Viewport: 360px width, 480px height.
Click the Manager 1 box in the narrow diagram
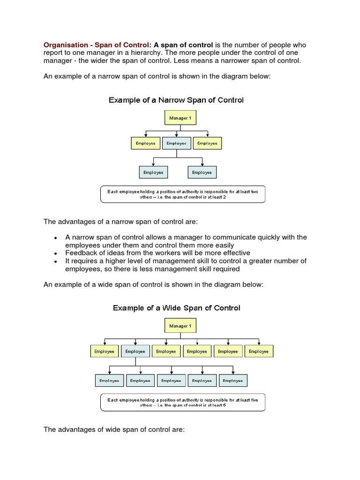[180, 118]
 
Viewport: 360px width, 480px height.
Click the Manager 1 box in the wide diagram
[180, 326]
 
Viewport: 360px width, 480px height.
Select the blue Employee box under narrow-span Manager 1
[177, 143]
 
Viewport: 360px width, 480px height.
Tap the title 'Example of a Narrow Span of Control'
[176, 100]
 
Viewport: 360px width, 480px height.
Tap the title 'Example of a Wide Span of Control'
[176, 308]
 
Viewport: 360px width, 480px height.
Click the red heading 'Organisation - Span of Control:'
[97, 45]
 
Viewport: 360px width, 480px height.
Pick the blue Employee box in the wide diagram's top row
[135, 351]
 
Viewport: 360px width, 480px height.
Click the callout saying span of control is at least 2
[183, 194]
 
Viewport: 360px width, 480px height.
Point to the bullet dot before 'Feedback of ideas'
[56, 253]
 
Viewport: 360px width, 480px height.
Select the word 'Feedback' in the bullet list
[81, 253]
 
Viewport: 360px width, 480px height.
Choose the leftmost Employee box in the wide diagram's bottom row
[110, 381]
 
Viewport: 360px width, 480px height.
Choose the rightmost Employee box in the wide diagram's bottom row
[233, 381]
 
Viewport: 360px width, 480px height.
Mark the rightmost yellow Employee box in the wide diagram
[259, 351]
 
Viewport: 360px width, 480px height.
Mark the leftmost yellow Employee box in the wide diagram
[104, 351]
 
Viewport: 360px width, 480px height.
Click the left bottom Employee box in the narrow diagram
[153, 172]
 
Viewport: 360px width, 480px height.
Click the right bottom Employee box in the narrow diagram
[202, 172]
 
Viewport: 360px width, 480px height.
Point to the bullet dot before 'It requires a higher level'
[56, 261]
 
